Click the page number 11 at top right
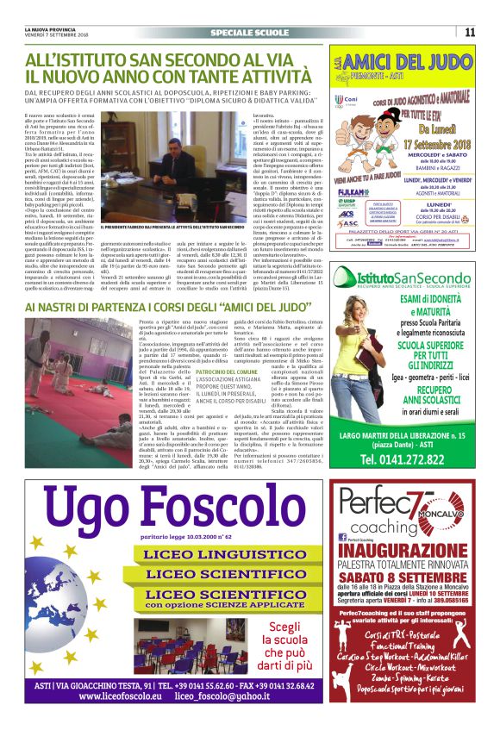(470, 33)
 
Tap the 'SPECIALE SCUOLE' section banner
(249, 33)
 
